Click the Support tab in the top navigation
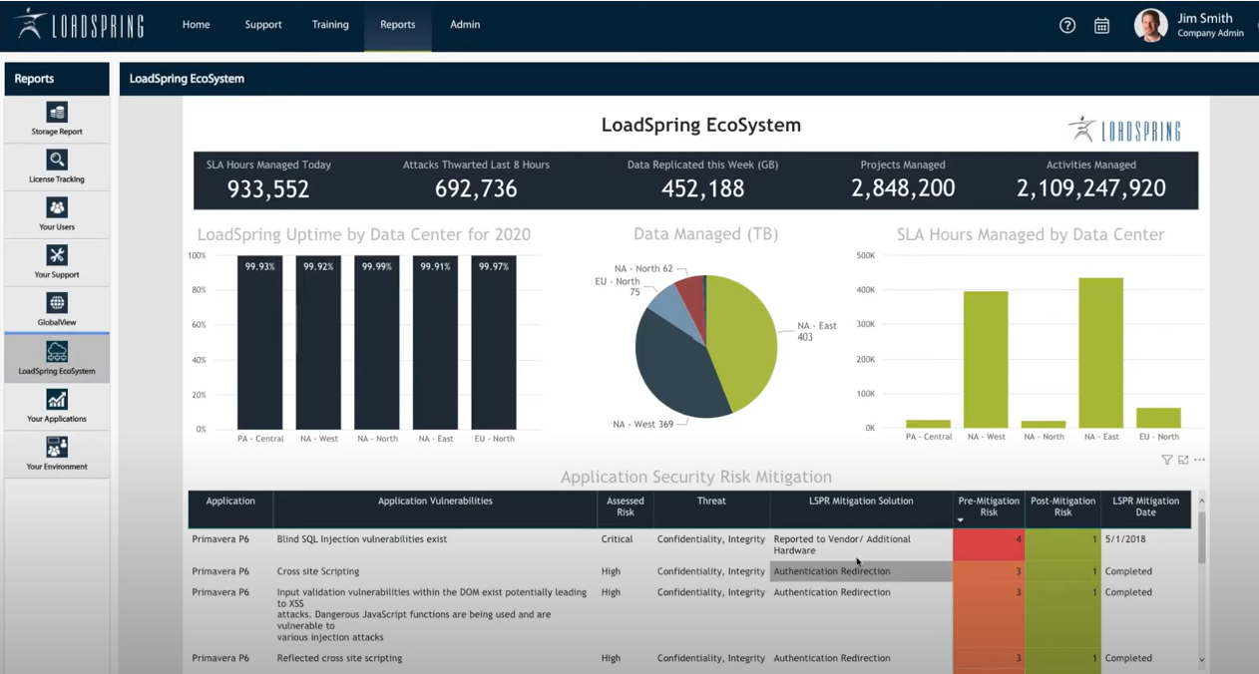point(263,25)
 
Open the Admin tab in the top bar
point(465,25)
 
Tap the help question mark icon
point(1067,26)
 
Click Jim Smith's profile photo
point(1150,25)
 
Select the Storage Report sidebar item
point(57,118)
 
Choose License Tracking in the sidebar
point(57,166)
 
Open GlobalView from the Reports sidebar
point(57,309)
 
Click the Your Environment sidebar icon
point(57,453)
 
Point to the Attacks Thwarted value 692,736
point(476,188)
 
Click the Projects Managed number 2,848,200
point(903,188)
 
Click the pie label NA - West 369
point(643,425)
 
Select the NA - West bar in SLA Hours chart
point(985,359)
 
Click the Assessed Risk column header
point(626,506)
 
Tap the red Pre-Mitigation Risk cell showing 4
point(989,544)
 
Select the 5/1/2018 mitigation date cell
point(1128,539)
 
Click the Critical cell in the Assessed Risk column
point(617,539)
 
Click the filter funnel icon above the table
point(1166,460)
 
